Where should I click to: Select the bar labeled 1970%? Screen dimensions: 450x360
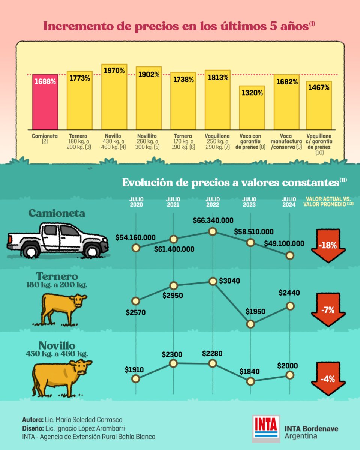pos(114,97)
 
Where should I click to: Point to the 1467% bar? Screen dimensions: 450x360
pos(319,105)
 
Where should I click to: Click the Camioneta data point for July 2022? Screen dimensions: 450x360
pos(213,231)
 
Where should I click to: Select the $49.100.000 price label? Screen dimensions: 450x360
pos(284,243)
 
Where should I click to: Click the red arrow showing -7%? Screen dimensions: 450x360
pos(328,310)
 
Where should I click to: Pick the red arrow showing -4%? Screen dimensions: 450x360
pos(328,379)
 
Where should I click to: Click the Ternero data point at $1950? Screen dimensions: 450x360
pos(251,324)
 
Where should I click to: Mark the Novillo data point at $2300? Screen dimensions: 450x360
pos(173,363)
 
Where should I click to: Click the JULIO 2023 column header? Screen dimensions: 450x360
pos(249,202)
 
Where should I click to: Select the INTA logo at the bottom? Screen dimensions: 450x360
pos(267,427)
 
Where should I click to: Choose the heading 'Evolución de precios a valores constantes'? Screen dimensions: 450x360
pos(230,183)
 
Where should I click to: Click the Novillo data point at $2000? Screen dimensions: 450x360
pos(289,375)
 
